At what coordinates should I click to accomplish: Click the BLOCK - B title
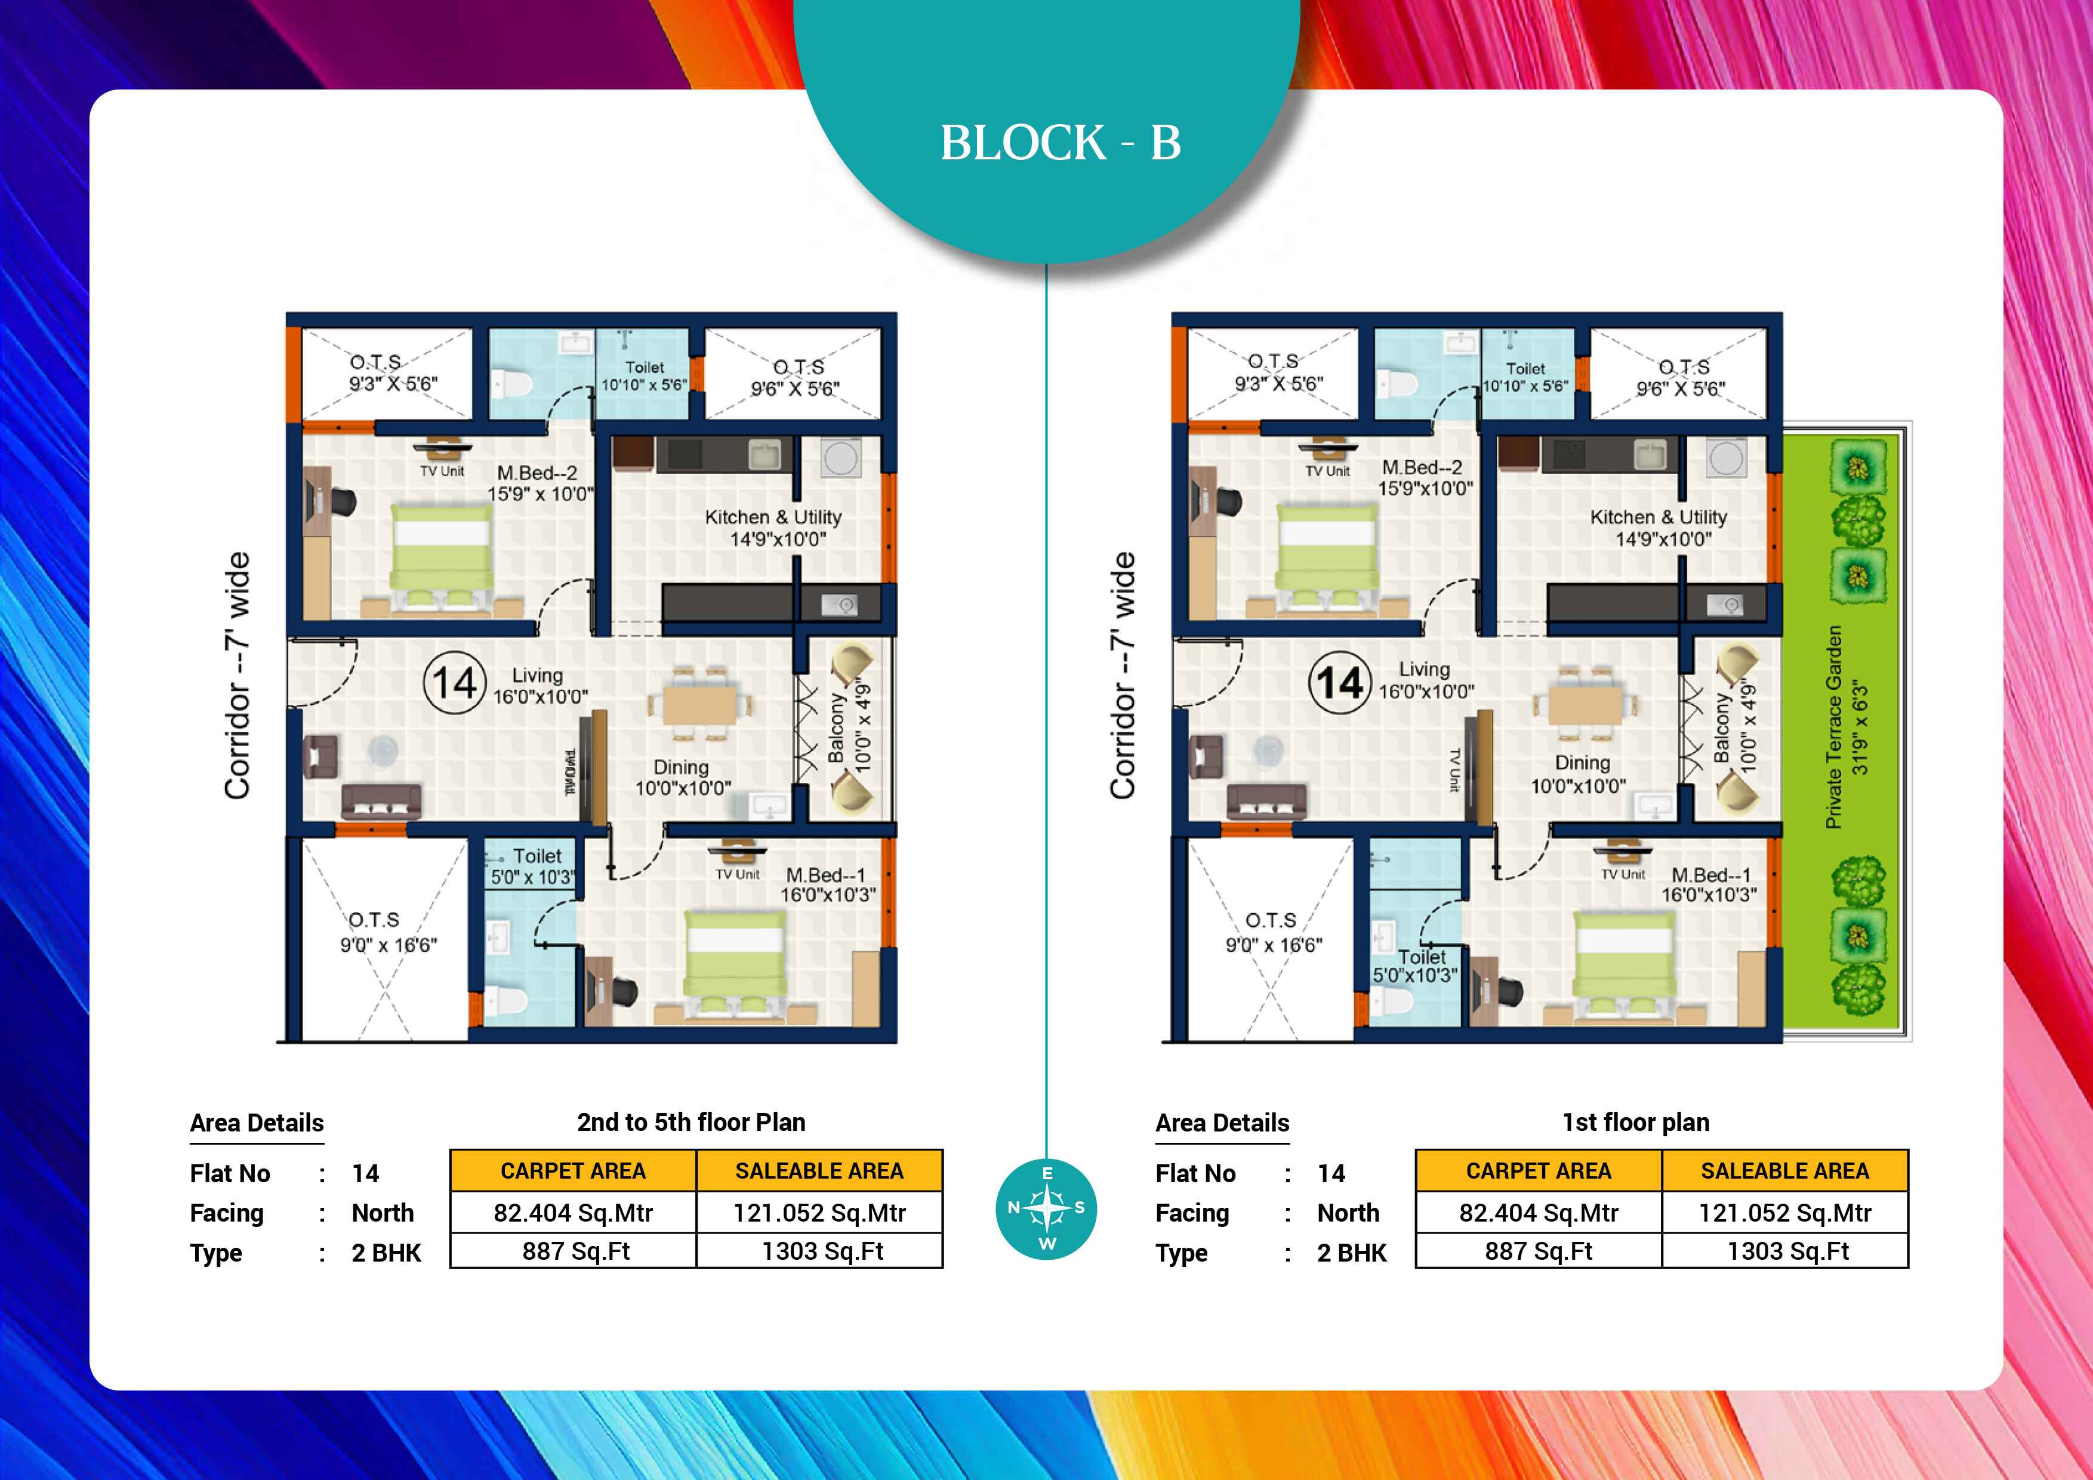click(x=1060, y=143)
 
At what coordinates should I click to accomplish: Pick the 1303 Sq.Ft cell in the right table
click(x=1785, y=1251)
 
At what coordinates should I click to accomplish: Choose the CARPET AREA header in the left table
click(x=574, y=1171)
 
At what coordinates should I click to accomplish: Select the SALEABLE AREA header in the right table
click(x=1785, y=1171)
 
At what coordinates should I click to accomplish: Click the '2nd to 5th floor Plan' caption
click(x=691, y=1122)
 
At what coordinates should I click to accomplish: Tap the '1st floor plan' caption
click(x=1636, y=1122)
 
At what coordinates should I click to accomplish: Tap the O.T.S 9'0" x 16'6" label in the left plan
click(x=389, y=932)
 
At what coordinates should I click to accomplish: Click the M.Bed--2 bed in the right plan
click(x=1327, y=557)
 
